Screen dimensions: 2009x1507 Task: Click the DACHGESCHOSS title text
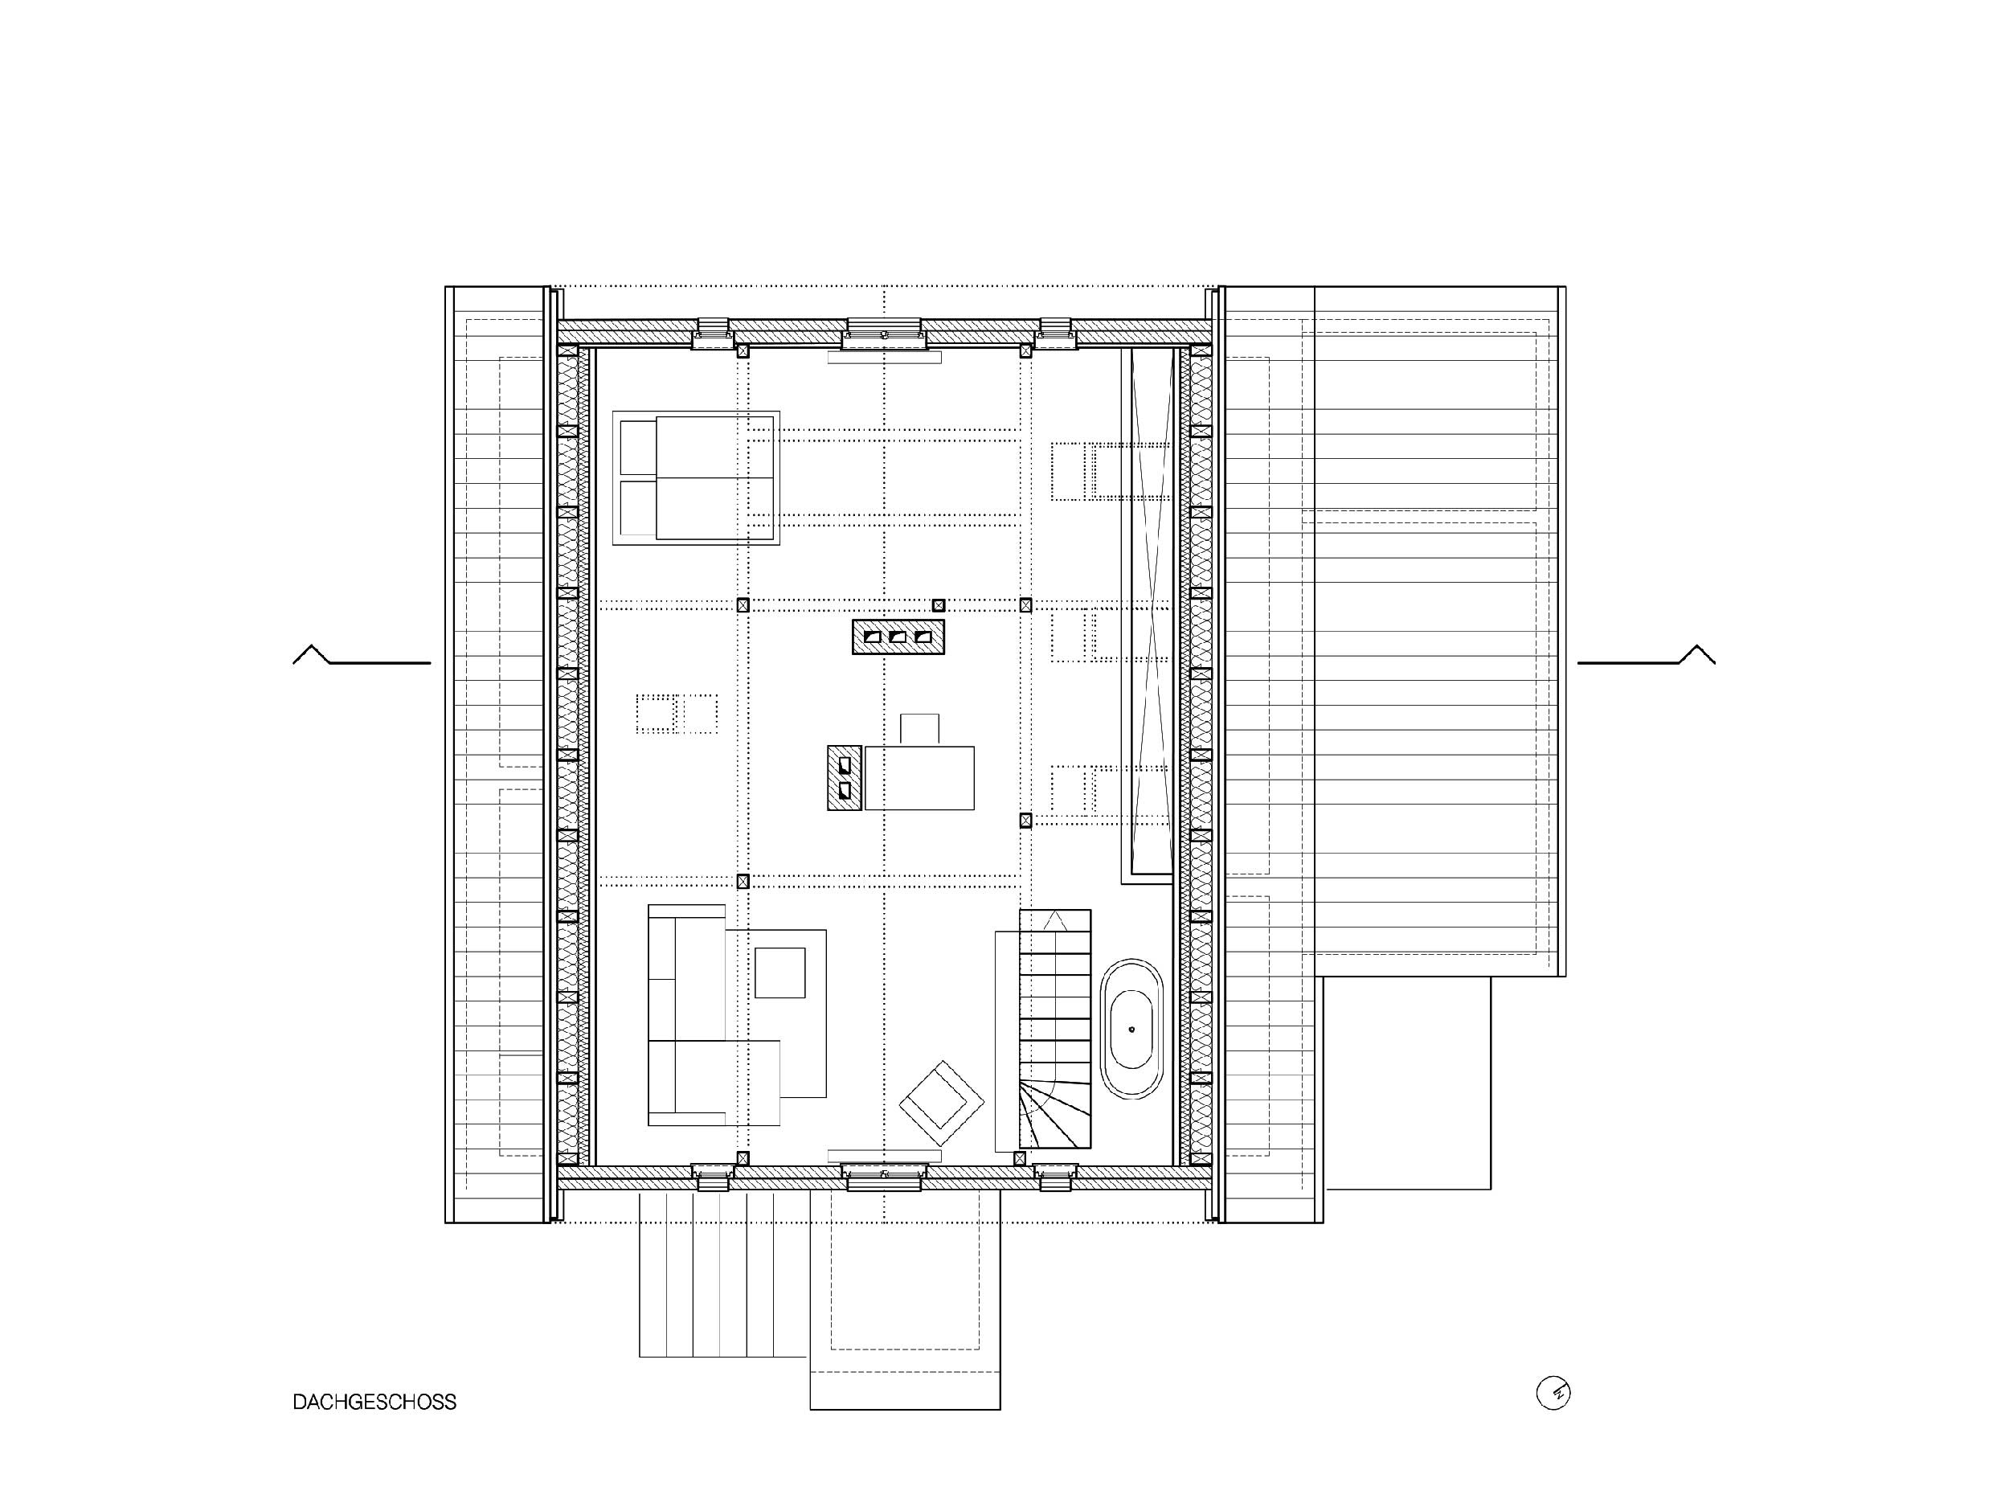pyautogui.click(x=374, y=1402)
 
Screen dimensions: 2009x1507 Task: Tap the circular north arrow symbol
pyautogui.click(x=1553, y=1393)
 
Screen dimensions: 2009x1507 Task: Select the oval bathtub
pyautogui.click(x=1131, y=1030)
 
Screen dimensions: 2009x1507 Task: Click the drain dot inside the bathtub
pyautogui.click(x=1131, y=1030)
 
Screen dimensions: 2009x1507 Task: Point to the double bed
pyautogui.click(x=696, y=477)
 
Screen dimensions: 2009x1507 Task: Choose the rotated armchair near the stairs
pyautogui.click(x=942, y=1103)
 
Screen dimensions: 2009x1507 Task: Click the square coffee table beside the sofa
pyautogui.click(x=780, y=973)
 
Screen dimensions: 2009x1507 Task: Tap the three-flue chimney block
pyautogui.click(x=898, y=637)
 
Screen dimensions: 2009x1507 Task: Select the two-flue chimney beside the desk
pyautogui.click(x=845, y=777)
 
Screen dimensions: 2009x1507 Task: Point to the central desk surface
pyautogui.click(x=920, y=777)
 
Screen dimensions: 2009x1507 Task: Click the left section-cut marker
pyautogui.click(x=362, y=655)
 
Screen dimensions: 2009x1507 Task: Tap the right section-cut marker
pyautogui.click(x=1647, y=655)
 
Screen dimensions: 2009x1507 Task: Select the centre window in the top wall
pyautogui.click(x=885, y=334)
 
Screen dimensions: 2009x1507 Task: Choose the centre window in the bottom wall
pyautogui.click(x=885, y=1177)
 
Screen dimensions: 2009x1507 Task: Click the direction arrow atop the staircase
pyautogui.click(x=1054, y=921)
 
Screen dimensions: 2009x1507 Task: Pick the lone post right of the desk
pyautogui.click(x=1026, y=821)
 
